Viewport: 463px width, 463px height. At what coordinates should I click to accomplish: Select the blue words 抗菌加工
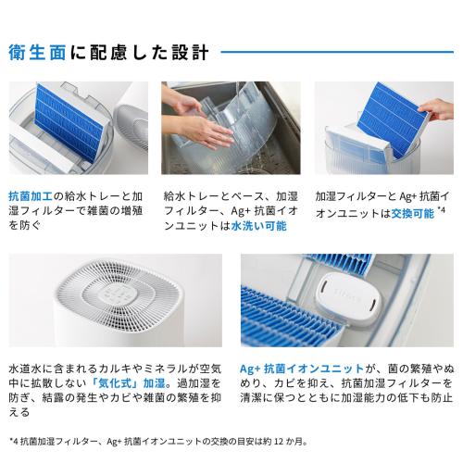[x=28, y=197]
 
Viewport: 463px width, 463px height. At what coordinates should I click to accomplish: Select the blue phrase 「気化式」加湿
[x=133, y=382]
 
